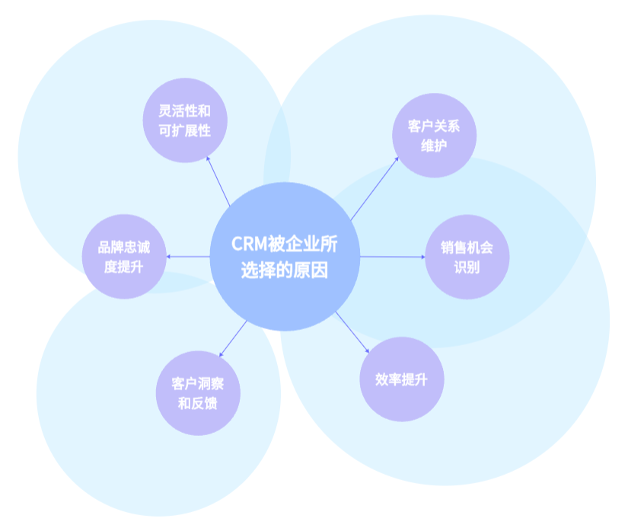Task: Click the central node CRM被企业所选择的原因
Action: (x=284, y=257)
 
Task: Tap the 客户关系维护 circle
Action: (x=434, y=135)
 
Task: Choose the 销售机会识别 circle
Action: (x=467, y=257)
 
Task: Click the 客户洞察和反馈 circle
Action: (x=197, y=392)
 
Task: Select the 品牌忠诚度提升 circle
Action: (x=123, y=257)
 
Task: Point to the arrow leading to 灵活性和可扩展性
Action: (x=218, y=182)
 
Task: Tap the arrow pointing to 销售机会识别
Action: (x=392, y=257)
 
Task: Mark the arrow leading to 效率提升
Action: (x=352, y=331)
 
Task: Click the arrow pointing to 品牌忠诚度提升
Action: (x=187, y=257)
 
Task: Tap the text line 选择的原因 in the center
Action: (x=284, y=270)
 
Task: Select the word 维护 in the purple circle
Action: (x=434, y=145)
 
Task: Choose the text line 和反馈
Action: (x=197, y=403)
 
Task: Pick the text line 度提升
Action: (x=123, y=267)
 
